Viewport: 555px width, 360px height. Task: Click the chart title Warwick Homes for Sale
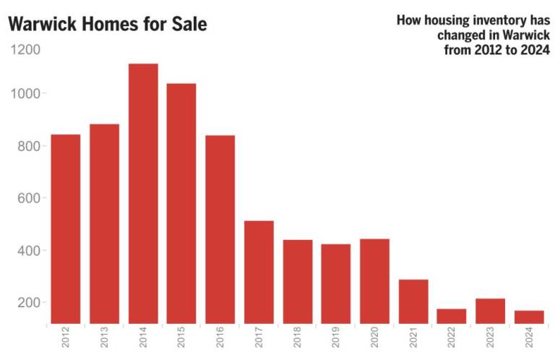pos(108,25)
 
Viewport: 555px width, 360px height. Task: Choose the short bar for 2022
pos(452,316)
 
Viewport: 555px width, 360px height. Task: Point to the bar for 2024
pos(529,317)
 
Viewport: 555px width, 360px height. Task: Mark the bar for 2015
pos(181,203)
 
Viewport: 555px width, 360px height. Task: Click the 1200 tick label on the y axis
pos(26,50)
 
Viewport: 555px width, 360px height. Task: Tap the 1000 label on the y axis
pos(26,94)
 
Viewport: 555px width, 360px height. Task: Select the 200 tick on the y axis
pos(30,302)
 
